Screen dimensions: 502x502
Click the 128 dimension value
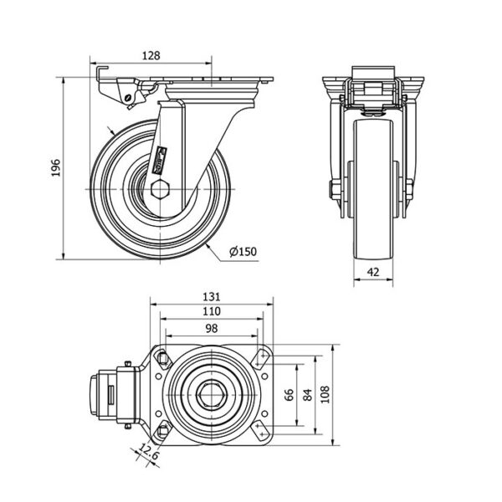[x=151, y=56]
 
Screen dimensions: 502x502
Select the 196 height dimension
[x=56, y=167]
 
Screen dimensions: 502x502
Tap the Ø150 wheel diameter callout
[x=243, y=252]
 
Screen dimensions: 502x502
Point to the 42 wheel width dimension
[x=373, y=272]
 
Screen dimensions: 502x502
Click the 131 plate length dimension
[x=212, y=297]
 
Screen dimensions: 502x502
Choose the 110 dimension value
[x=212, y=311]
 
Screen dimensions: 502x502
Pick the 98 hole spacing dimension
[x=212, y=329]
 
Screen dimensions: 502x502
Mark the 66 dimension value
[x=289, y=395]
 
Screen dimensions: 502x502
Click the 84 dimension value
[x=307, y=395]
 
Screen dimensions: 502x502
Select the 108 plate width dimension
[x=325, y=395]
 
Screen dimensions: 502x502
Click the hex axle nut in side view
[x=160, y=189]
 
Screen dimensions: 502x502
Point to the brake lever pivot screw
[x=129, y=97]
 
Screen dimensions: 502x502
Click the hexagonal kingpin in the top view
[x=212, y=395]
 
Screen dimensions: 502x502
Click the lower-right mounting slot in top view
[x=260, y=430]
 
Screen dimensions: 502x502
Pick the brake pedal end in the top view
[x=95, y=395]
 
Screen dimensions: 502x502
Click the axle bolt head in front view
[x=331, y=189]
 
